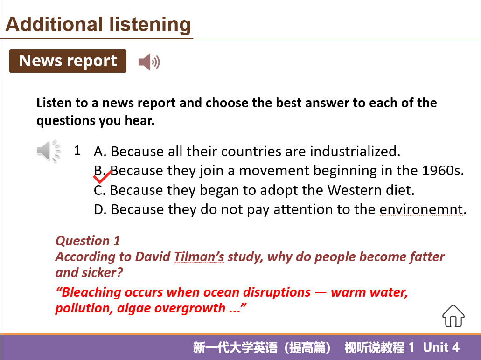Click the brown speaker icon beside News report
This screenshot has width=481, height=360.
point(149,62)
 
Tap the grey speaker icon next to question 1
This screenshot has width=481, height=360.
point(49,151)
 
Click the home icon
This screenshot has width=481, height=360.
point(453,316)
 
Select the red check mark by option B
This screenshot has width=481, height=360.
point(102,177)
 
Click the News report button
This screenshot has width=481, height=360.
point(68,61)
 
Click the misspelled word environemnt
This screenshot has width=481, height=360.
point(421,209)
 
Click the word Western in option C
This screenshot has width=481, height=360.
point(346,190)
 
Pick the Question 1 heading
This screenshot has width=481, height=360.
point(88,241)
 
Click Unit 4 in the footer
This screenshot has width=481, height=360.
point(441,347)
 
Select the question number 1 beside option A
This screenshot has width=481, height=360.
point(77,151)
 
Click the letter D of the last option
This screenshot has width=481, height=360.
point(99,209)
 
